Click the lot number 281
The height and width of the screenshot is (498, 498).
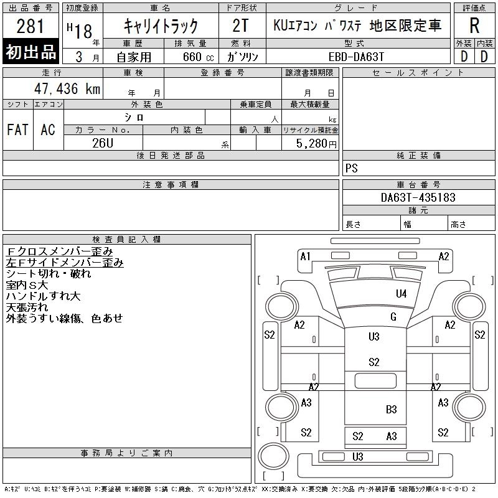point(31,27)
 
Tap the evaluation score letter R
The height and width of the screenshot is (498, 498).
point(474,26)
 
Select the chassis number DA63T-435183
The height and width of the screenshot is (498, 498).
point(418,197)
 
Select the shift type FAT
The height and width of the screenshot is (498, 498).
point(17,130)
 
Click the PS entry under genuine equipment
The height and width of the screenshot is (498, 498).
point(351,169)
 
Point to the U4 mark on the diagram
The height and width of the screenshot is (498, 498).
point(401,294)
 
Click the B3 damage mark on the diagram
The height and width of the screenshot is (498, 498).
point(391,410)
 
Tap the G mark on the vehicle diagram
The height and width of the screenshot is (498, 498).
point(393,317)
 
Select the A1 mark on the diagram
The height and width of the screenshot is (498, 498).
point(305,256)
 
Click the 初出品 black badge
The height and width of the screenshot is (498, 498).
point(31,52)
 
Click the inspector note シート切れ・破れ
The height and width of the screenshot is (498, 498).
point(49,273)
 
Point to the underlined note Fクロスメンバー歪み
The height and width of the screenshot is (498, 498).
point(60,251)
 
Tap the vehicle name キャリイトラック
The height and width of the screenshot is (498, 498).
point(161,26)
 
